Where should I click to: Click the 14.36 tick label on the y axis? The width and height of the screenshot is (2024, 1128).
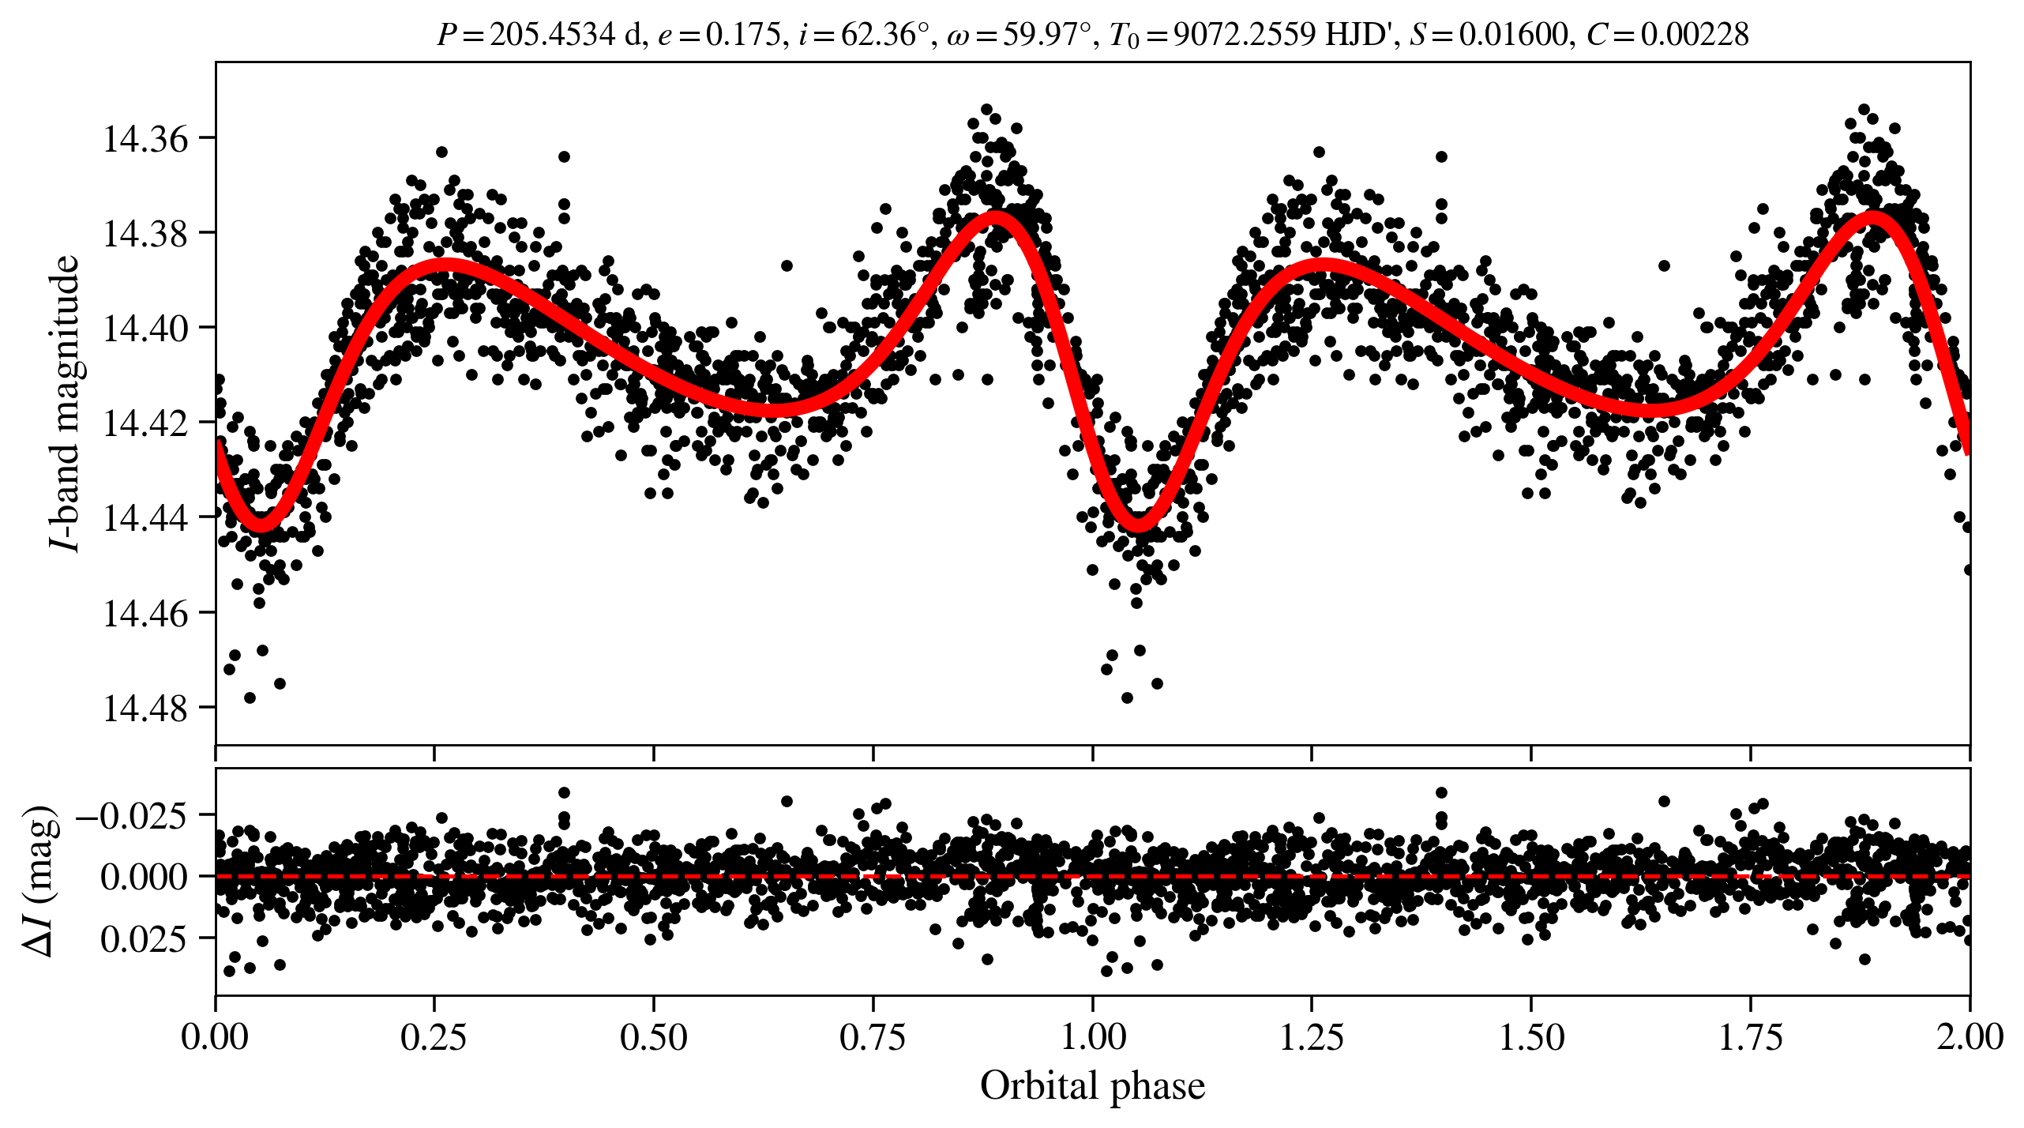click(x=135, y=140)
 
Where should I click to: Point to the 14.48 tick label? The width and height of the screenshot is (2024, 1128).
click(x=135, y=709)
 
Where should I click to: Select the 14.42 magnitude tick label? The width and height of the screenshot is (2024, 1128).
click(x=135, y=424)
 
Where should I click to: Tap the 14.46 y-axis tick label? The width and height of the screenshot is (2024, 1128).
click(x=135, y=614)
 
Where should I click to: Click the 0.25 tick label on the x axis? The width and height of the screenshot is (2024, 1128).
click(x=434, y=1036)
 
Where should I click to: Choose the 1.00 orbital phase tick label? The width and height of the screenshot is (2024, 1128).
click(x=1092, y=1036)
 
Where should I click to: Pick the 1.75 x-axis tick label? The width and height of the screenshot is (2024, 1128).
click(x=1751, y=1036)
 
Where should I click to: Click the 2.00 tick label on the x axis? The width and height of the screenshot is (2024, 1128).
click(x=1970, y=1036)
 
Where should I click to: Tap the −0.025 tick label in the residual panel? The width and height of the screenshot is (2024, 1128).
click(x=132, y=816)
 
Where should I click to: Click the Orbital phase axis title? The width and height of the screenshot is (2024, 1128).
click(x=1092, y=1086)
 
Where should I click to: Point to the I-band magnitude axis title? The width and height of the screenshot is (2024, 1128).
click(x=65, y=403)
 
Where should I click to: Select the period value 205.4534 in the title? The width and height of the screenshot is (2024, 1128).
click(x=552, y=35)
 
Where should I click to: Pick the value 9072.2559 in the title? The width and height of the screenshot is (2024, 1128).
click(x=1244, y=35)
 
